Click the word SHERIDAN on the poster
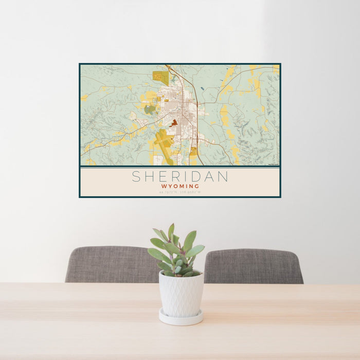click(180, 176)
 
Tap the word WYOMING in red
click(180, 186)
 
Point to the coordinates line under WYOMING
click(180, 192)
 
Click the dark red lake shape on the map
click(174, 123)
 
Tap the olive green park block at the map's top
click(160, 78)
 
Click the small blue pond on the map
click(203, 88)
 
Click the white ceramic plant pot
click(181, 293)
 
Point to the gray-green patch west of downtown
click(150, 109)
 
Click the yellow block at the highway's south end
click(194, 152)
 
